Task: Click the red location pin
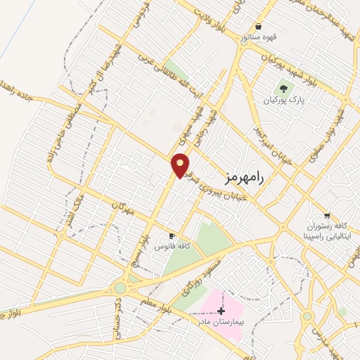click(x=181, y=165)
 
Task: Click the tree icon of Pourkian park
click(x=284, y=89)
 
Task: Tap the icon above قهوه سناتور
click(x=259, y=27)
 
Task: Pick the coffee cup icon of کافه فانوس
click(x=171, y=236)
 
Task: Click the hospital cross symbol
click(x=221, y=310)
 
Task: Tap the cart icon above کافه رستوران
click(x=327, y=216)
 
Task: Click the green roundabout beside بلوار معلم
click(x=120, y=287)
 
